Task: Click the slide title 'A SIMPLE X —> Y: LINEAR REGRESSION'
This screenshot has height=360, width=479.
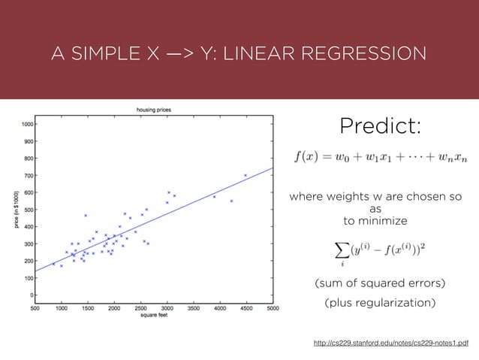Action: click(238, 54)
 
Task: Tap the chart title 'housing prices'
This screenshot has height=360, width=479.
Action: click(154, 110)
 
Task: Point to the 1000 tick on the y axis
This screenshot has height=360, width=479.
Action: click(27, 124)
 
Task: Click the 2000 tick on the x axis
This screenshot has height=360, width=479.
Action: click(113, 307)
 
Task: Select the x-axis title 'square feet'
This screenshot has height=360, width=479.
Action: click(153, 316)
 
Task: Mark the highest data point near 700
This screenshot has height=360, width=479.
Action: click(246, 175)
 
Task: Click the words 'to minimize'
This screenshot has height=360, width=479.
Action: click(375, 221)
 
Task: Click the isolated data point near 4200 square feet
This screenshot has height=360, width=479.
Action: click(231, 201)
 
